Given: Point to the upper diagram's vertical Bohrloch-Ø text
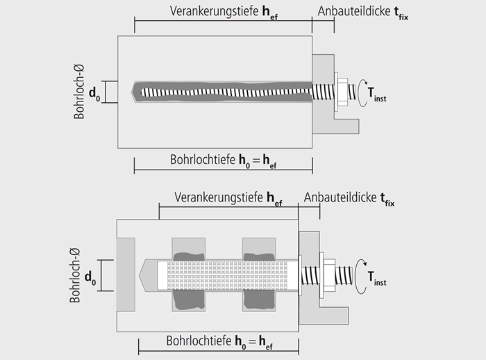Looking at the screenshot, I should click(80, 92).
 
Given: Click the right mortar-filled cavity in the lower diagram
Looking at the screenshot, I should click(259, 275).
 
